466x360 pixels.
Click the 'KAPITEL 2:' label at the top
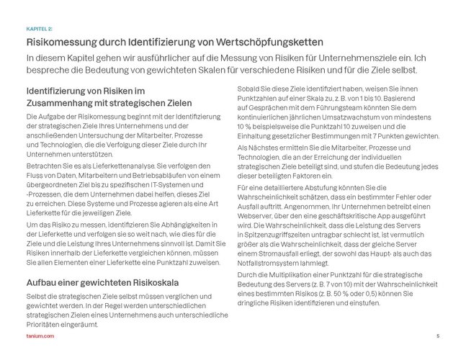pos(37,28)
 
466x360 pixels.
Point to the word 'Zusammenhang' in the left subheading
pos(60,103)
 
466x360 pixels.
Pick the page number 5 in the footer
pos(438,337)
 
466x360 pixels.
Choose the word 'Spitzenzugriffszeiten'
pos(277,233)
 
